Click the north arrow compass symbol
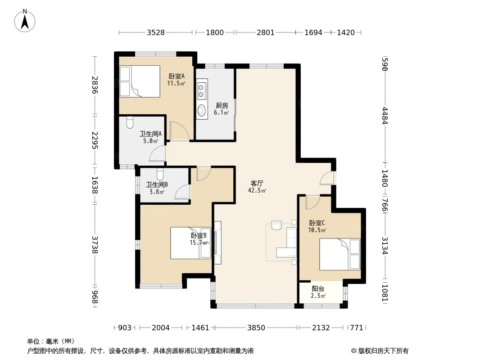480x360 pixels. (x=25, y=21)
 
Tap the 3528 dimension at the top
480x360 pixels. (x=156, y=32)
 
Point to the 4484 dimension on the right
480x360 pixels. (x=385, y=116)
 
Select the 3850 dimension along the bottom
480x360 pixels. (x=256, y=328)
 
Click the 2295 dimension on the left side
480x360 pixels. (x=95, y=140)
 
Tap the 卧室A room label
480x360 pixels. (x=177, y=76)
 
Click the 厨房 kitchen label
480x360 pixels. (x=222, y=105)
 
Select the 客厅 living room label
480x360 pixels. (x=257, y=183)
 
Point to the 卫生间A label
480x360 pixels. (x=150, y=134)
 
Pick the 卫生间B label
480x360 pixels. (x=157, y=184)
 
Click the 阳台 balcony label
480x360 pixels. (x=318, y=288)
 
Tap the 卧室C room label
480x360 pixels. (x=317, y=223)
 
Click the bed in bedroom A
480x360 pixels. (x=140, y=81)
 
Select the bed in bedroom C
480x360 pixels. (x=340, y=254)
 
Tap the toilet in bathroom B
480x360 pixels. (x=160, y=174)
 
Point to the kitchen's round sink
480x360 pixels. (x=201, y=109)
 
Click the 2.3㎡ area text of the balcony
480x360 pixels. (x=318, y=296)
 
